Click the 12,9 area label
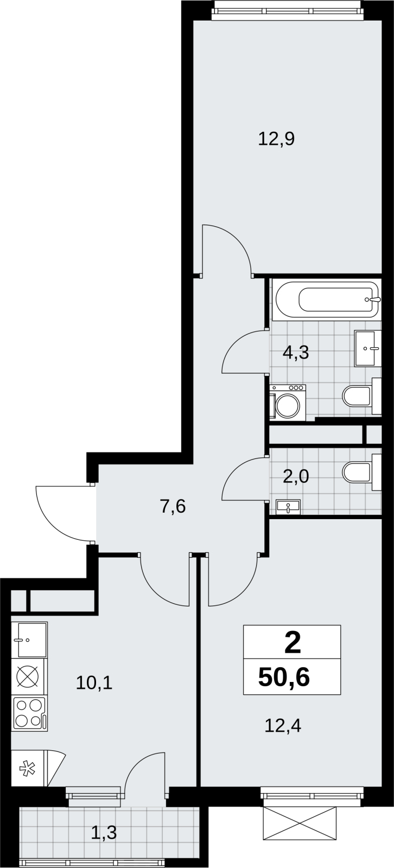(276, 139)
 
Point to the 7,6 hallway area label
(173, 507)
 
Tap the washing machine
(288, 403)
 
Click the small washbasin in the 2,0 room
(288, 507)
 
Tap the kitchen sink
(29, 640)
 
